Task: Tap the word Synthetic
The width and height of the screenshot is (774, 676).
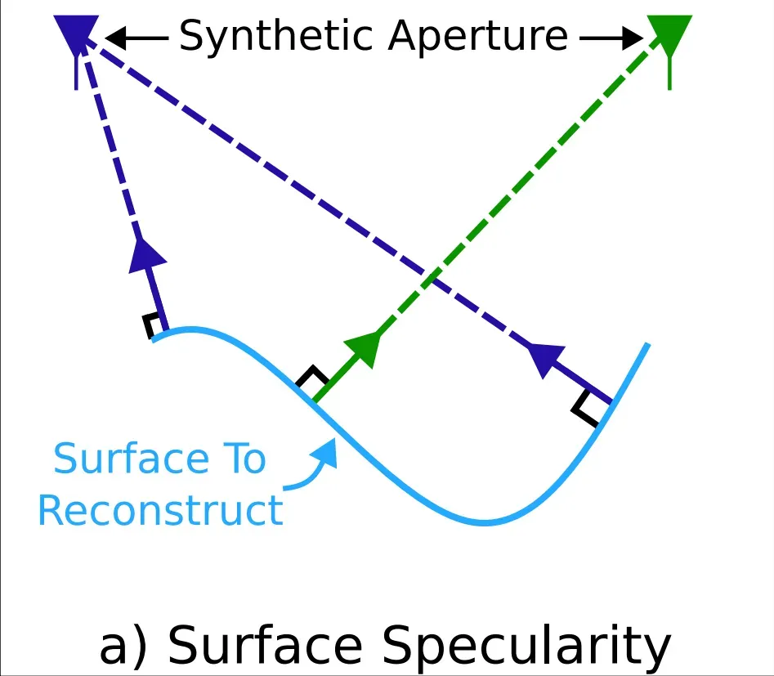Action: [275, 36]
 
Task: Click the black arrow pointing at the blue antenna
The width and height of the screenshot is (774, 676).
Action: [136, 38]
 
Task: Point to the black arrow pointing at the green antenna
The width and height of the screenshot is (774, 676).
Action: [611, 38]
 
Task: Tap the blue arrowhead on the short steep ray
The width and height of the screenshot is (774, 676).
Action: [146, 256]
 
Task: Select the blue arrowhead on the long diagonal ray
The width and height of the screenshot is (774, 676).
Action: [546, 359]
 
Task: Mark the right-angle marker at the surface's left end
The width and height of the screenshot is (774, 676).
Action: [151, 325]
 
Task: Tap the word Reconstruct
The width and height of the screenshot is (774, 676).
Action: [161, 510]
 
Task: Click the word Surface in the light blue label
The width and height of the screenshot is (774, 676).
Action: [132, 459]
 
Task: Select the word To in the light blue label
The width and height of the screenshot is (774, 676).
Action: [244, 459]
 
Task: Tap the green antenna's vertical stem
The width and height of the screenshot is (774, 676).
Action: [669, 73]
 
